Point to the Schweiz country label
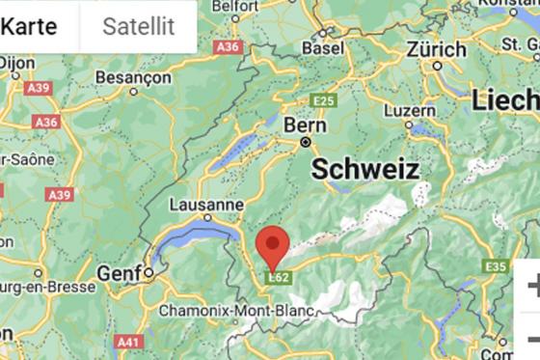tap(365, 170)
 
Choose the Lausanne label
tap(206, 205)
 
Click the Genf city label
tap(118, 273)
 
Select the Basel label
tap(323, 47)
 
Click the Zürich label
tap(436, 48)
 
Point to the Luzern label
tap(410, 110)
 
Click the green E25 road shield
tap(324, 100)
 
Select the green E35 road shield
tap(496, 265)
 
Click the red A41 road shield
tap(126, 342)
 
